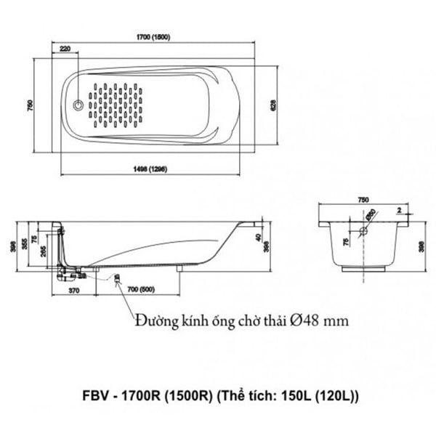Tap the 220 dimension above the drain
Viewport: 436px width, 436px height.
[x=65, y=49]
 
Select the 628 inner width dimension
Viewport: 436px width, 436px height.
[x=273, y=105]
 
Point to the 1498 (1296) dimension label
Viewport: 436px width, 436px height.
[x=151, y=169]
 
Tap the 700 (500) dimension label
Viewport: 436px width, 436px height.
[x=141, y=290]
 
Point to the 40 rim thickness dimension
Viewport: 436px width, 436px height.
[x=258, y=238]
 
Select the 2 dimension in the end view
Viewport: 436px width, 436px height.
[x=399, y=209]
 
